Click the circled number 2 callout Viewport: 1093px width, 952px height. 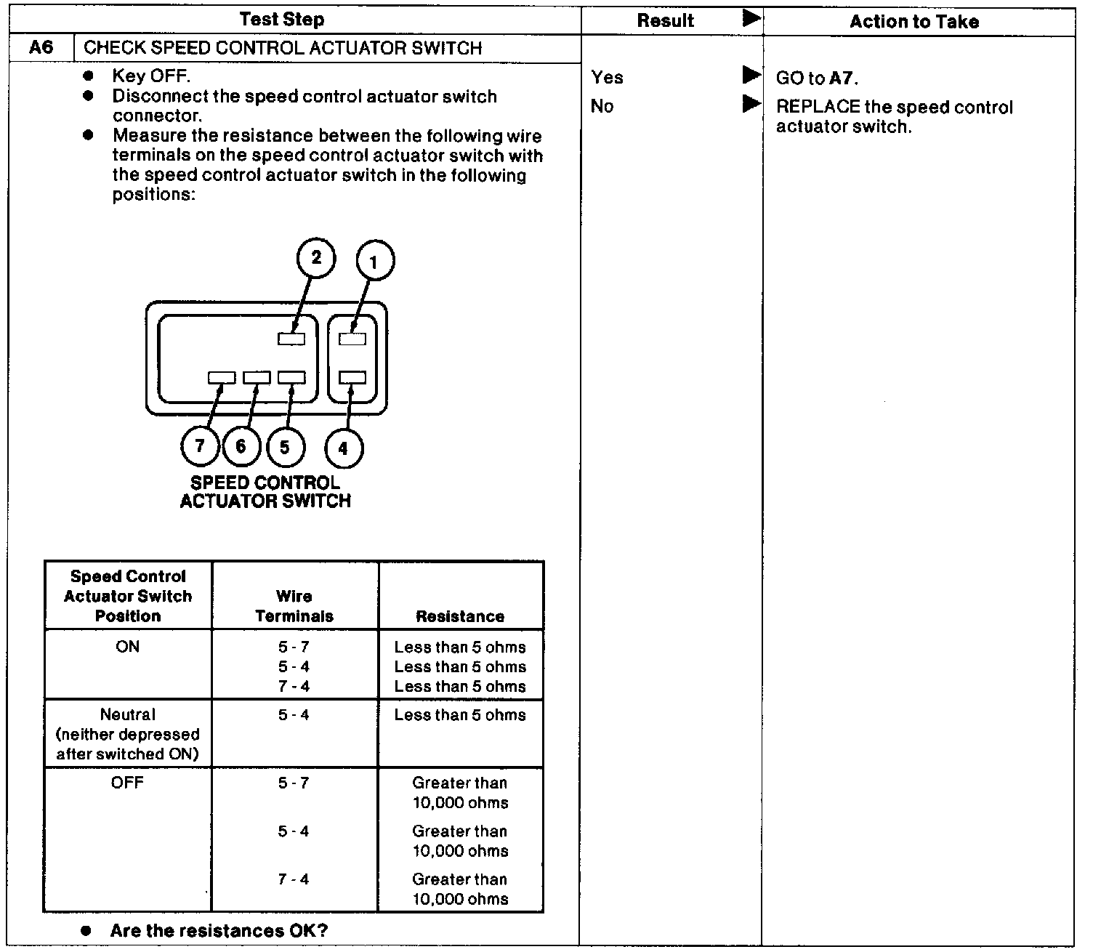pos(316,259)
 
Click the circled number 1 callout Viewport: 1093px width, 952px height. pos(374,261)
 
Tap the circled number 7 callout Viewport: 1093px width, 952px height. pos(200,445)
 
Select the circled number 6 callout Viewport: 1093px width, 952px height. pos(241,445)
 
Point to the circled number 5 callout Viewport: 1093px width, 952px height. pos(285,445)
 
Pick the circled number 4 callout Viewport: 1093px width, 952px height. pos(343,448)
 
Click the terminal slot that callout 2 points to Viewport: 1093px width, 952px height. pos(291,338)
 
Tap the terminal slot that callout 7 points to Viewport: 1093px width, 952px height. pos(222,378)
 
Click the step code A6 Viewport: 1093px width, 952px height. pos(41,48)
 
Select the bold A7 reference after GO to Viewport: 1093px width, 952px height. pos(842,78)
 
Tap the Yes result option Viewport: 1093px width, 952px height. pos(607,77)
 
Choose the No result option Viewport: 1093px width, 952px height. pos(602,106)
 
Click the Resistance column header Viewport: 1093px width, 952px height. pos(460,616)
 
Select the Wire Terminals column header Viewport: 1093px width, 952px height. pos(294,606)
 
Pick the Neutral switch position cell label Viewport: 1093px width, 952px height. pos(128,714)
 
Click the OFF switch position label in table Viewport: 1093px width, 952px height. pos(127,783)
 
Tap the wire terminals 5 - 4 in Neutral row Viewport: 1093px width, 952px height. pos(294,715)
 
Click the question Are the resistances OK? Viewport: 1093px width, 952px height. pos(219,931)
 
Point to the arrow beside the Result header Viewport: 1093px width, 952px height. pos(752,19)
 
